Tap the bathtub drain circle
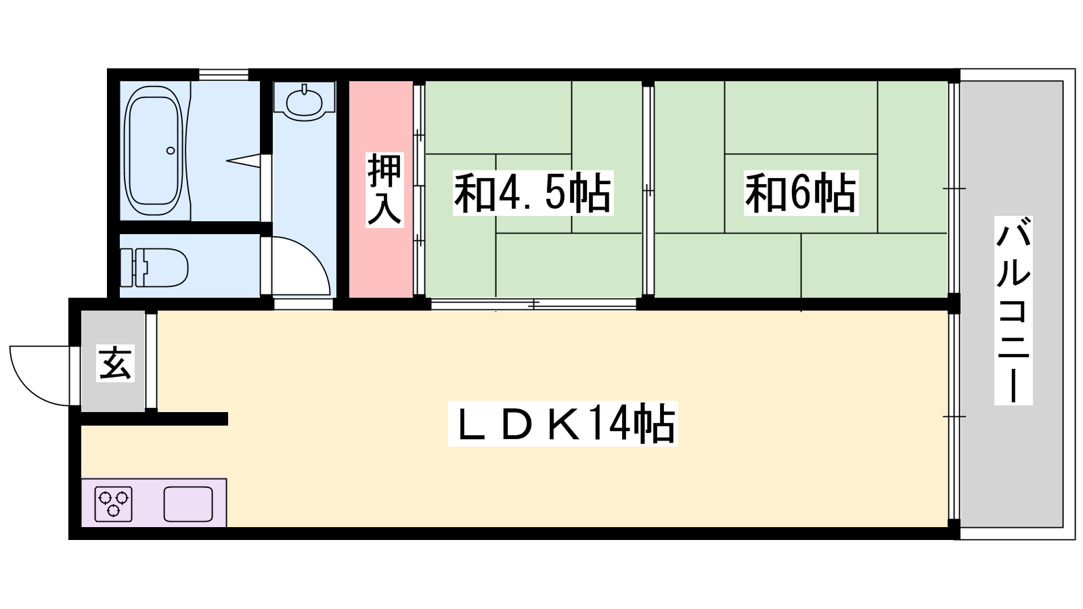coord(171,151)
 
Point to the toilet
coord(154,267)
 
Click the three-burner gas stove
coord(113,505)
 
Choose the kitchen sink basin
coord(188,505)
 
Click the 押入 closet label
coord(384,190)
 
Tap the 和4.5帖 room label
coord(533,193)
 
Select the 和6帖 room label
coord(801,193)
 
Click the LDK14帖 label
coord(562,424)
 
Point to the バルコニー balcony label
coord(1013,311)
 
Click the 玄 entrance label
coord(115,363)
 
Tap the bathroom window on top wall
coord(223,75)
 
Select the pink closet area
coord(380,189)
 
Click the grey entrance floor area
coord(112,361)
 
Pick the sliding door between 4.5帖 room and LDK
coord(533,304)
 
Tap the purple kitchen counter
coord(154,503)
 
